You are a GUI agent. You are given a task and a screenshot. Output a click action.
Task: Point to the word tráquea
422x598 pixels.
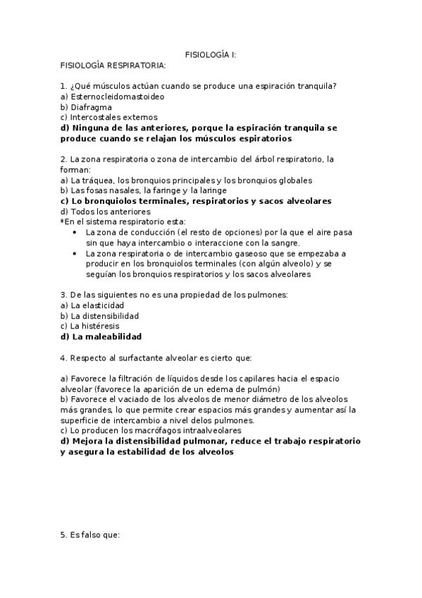[97, 180]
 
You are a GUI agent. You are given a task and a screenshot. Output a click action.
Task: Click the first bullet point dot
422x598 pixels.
[75, 232]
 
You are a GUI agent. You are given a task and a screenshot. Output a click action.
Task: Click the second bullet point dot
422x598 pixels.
[75, 253]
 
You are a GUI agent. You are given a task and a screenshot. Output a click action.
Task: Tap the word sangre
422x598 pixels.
[266, 243]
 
